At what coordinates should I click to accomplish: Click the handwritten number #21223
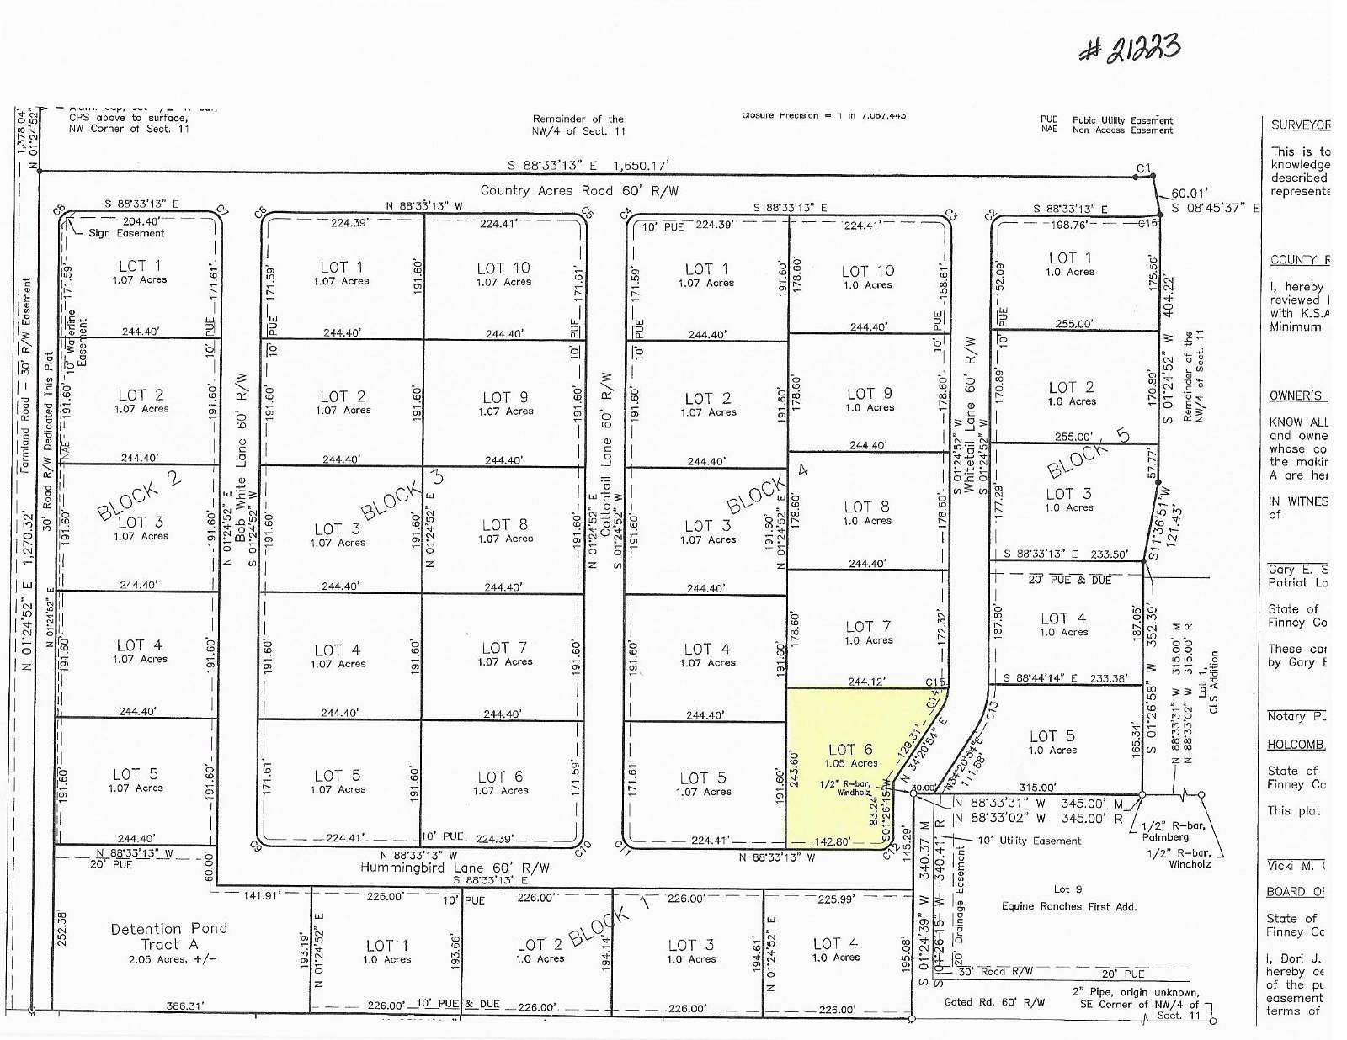(1130, 49)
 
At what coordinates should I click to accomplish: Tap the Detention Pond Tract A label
(168, 936)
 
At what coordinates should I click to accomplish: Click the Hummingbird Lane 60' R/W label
(455, 868)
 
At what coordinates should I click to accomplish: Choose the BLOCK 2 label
(140, 496)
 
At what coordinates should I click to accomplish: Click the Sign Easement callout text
(126, 233)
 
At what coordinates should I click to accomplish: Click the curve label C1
(1142, 169)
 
